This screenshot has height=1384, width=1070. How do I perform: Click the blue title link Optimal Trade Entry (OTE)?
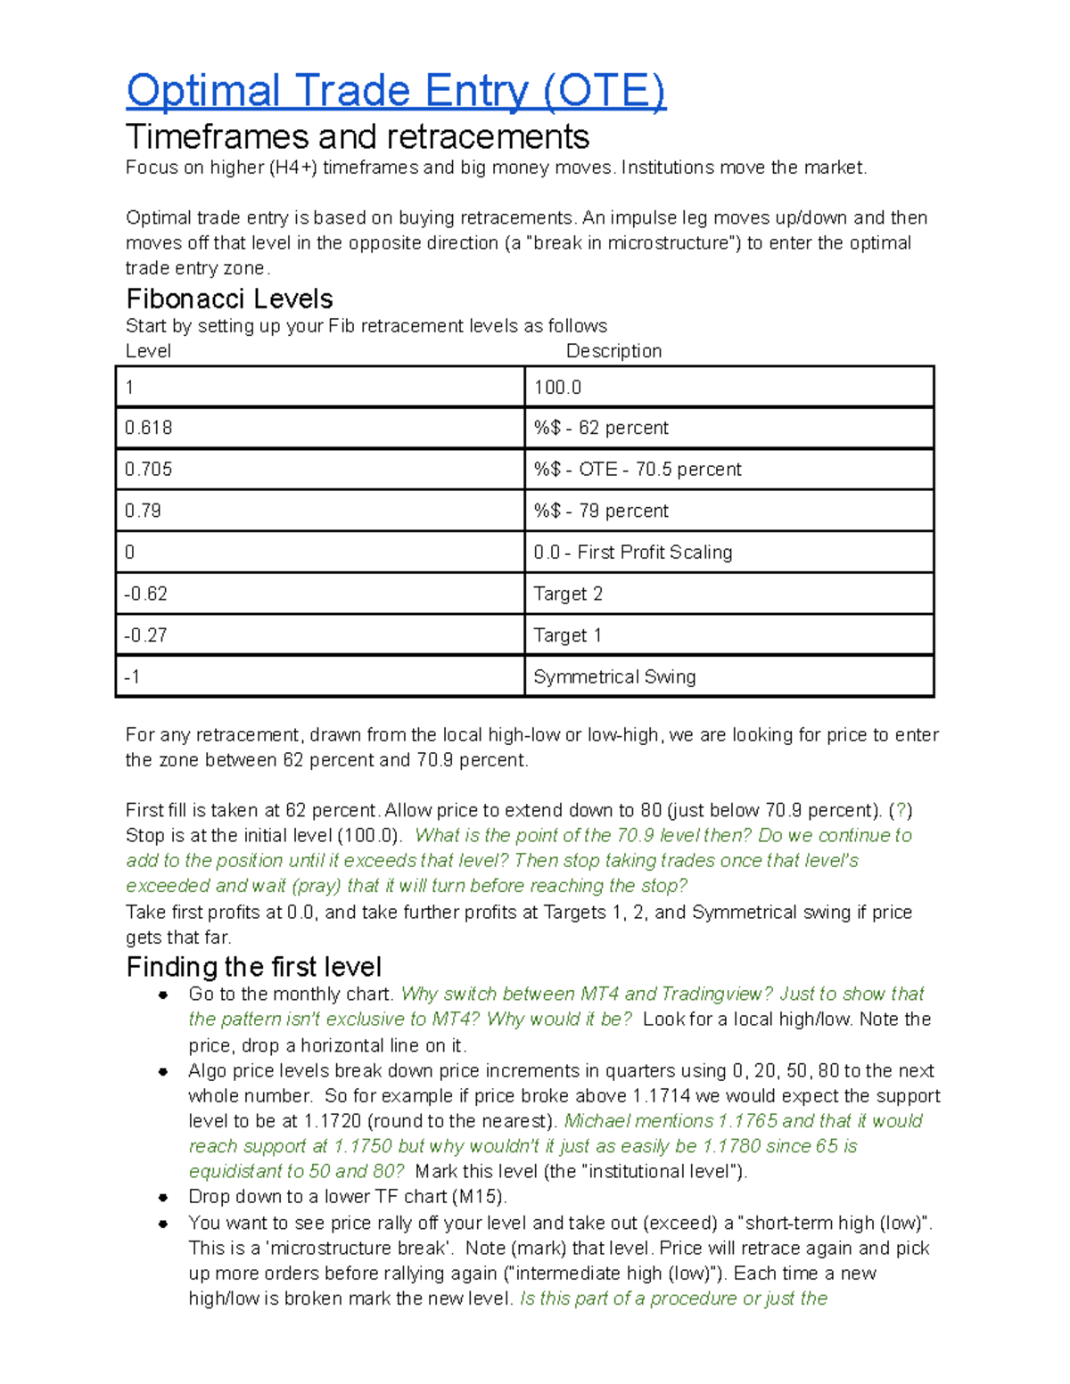click(x=396, y=91)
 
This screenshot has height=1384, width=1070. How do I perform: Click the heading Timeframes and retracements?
click(x=357, y=136)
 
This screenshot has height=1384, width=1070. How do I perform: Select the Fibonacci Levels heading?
click(x=229, y=299)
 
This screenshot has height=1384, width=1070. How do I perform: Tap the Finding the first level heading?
click(x=253, y=967)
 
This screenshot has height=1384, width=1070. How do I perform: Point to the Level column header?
click(x=148, y=351)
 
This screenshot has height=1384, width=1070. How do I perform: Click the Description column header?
click(x=613, y=351)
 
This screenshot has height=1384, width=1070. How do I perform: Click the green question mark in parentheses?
click(x=901, y=811)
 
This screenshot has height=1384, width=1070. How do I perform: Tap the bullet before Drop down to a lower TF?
click(x=163, y=1198)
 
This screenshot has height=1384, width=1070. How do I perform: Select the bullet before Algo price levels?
click(x=163, y=1071)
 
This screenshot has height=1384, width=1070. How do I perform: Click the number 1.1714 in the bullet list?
click(x=663, y=1096)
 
